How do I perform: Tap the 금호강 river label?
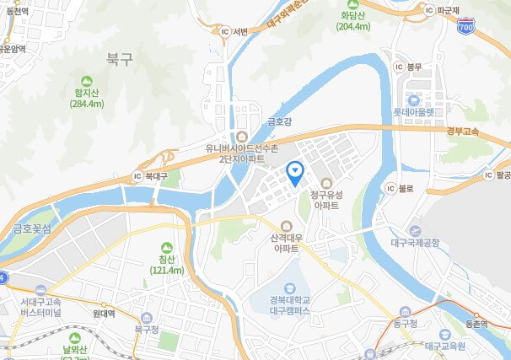(279, 121)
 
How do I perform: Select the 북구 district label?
(120, 59)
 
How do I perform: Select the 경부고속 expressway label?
(463, 131)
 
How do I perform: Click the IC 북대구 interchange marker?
(137, 177)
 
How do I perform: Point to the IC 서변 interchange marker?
(224, 32)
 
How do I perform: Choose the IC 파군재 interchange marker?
(429, 10)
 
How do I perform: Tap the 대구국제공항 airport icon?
(414, 230)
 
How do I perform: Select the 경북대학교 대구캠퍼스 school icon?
(292, 289)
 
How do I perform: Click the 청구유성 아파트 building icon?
(325, 182)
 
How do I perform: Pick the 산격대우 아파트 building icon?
(285, 226)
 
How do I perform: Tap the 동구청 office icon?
(406, 311)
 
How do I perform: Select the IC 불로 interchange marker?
(390, 188)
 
